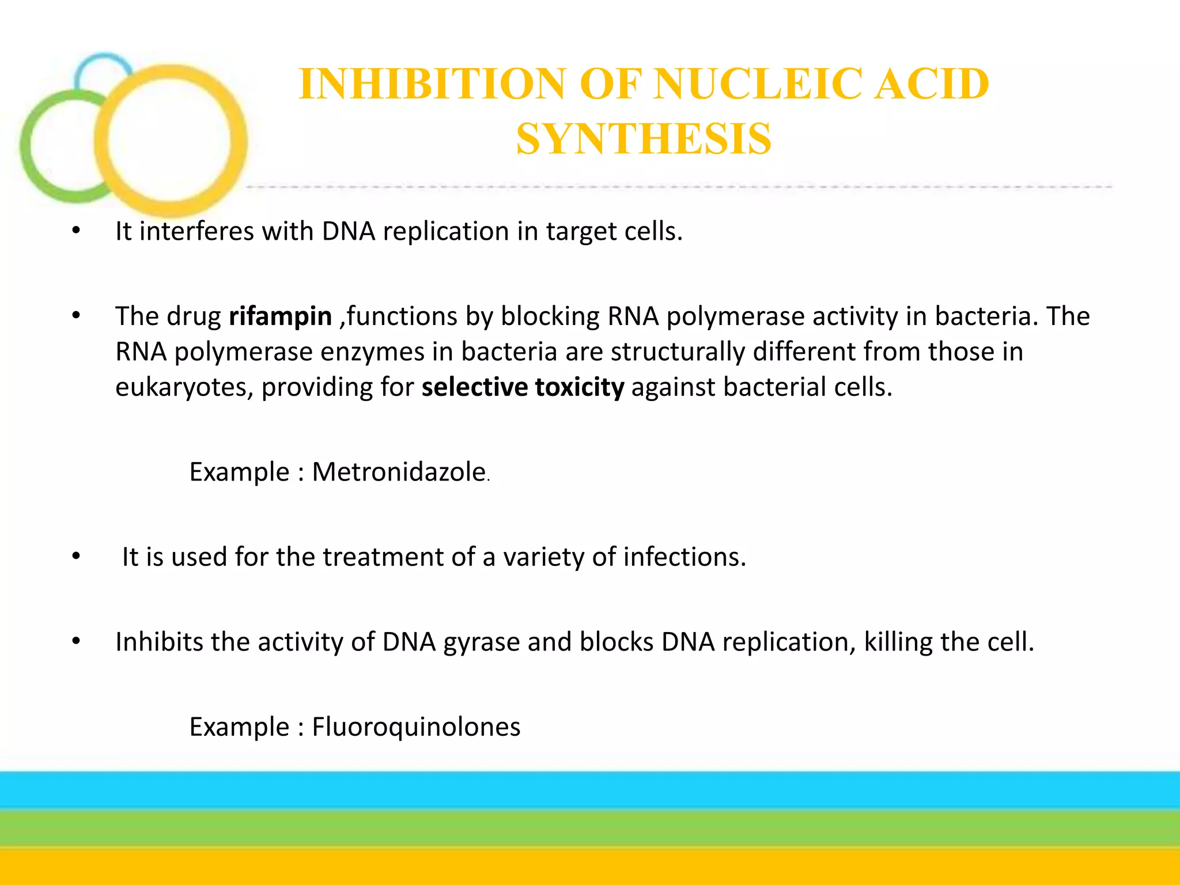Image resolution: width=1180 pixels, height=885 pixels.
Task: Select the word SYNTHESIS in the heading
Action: [643, 139]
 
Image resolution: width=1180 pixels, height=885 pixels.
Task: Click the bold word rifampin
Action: [280, 316]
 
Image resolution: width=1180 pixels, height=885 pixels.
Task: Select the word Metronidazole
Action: [399, 472]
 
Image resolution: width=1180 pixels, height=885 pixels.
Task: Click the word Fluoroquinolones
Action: [416, 727]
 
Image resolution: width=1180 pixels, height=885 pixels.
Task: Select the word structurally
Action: [678, 352]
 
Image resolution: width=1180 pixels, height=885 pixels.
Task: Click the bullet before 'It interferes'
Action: [76, 232]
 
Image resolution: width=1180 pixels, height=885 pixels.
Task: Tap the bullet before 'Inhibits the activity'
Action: [76, 641]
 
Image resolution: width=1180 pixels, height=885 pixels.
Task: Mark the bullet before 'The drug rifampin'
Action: [76, 316]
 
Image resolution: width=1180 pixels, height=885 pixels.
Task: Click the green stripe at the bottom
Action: [590, 829]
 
